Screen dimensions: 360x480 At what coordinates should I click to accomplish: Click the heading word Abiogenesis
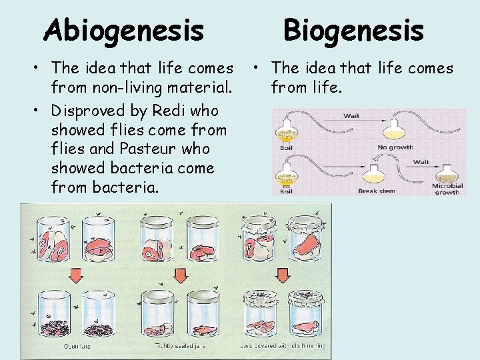(x=123, y=30)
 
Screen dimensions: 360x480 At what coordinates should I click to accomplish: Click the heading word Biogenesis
(x=353, y=30)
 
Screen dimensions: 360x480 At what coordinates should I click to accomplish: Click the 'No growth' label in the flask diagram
(x=395, y=147)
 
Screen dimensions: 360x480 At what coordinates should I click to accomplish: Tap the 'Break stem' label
(x=377, y=191)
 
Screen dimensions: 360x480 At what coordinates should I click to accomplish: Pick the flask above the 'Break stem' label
(x=373, y=175)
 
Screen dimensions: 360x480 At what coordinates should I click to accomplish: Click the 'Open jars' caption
(x=77, y=345)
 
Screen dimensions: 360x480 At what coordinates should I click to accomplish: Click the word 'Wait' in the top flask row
(x=351, y=116)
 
